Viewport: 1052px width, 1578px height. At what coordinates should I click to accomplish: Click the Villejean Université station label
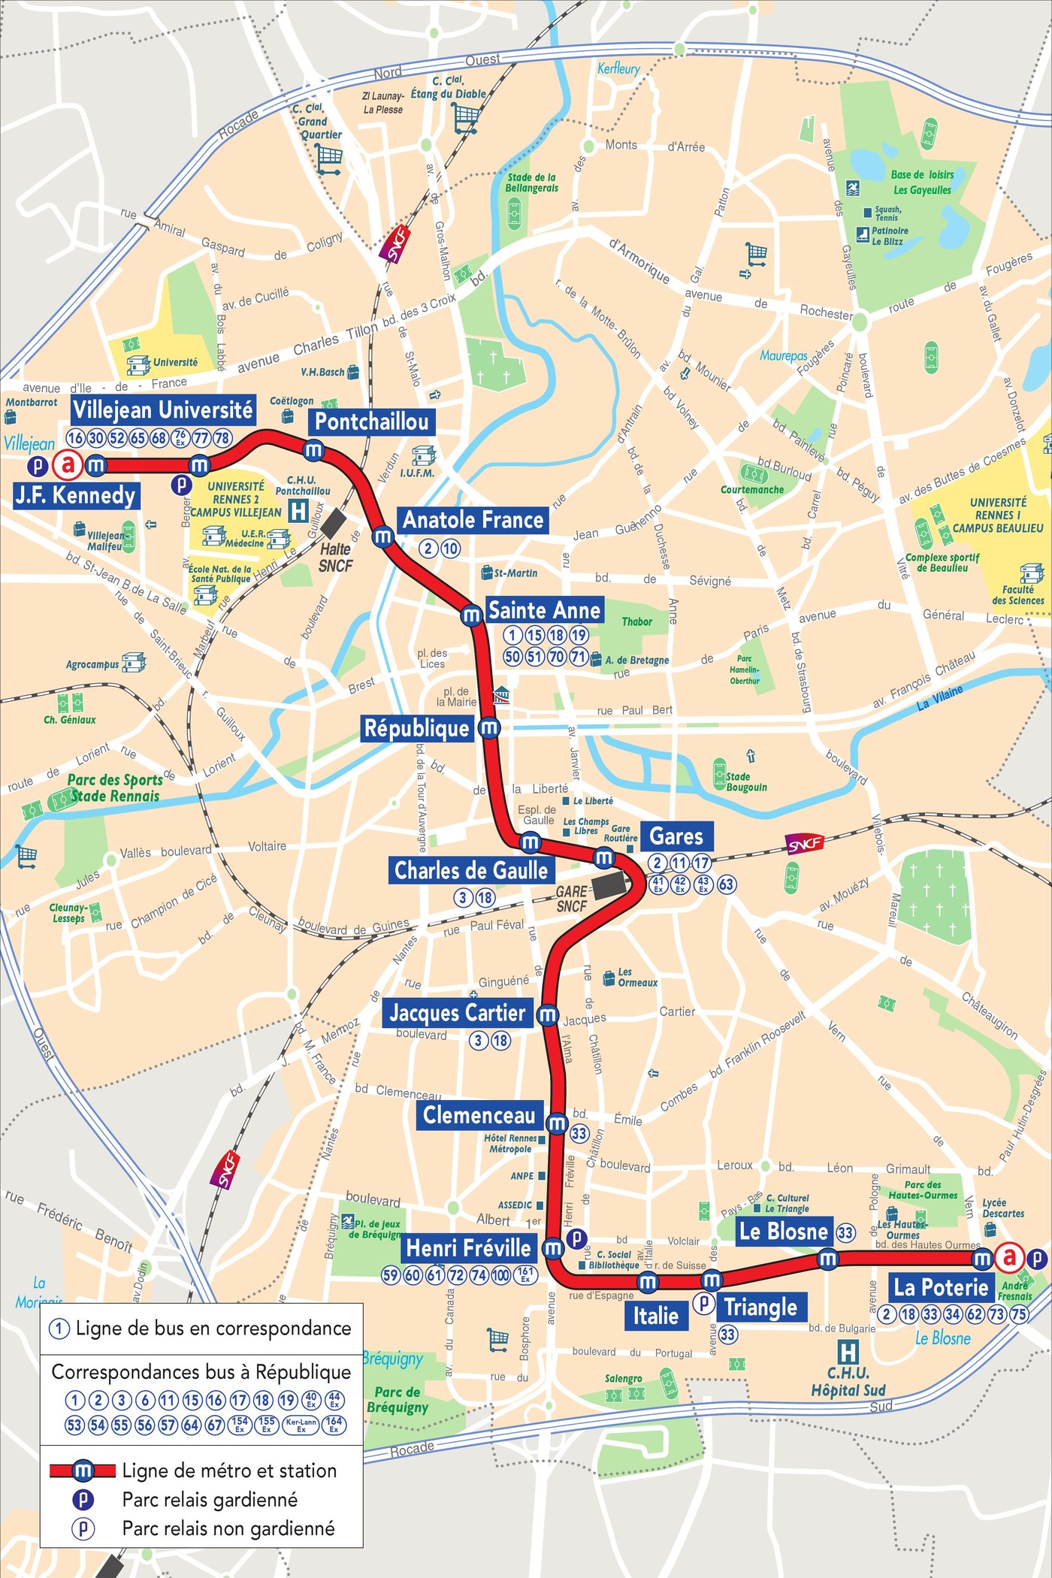(163, 410)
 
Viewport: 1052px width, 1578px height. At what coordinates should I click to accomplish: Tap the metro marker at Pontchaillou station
(313, 451)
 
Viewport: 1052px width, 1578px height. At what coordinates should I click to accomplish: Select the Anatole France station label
(473, 520)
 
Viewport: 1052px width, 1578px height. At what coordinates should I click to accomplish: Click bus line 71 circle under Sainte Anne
(578, 657)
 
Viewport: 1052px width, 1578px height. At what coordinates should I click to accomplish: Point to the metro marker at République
(489, 727)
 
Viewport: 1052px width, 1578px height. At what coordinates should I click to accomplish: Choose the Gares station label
(676, 836)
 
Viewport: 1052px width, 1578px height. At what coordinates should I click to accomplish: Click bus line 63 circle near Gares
(726, 884)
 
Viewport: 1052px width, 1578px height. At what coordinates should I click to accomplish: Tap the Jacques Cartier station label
(457, 1013)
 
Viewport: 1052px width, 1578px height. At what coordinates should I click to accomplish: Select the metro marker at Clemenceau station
(557, 1124)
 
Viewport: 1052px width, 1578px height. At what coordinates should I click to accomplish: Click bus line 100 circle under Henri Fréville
(501, 1275)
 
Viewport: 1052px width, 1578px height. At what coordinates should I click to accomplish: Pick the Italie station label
(655, 1316)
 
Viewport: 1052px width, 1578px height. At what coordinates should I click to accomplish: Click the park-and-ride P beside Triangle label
(703, 1303)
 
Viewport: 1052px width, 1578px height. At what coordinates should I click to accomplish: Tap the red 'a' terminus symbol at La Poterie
(1009, 1256)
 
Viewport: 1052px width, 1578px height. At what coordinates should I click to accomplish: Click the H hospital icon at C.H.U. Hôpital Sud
(848, 1353)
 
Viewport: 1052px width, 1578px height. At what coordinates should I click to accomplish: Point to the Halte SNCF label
(335, 558)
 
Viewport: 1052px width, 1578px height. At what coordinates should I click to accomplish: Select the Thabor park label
(636, 621)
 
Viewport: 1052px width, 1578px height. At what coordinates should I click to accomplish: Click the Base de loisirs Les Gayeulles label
(922, 182)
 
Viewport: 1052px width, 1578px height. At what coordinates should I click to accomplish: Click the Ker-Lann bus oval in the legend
(301, 1425)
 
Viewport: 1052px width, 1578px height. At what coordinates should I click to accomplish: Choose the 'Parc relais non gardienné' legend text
(228, 1528)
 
